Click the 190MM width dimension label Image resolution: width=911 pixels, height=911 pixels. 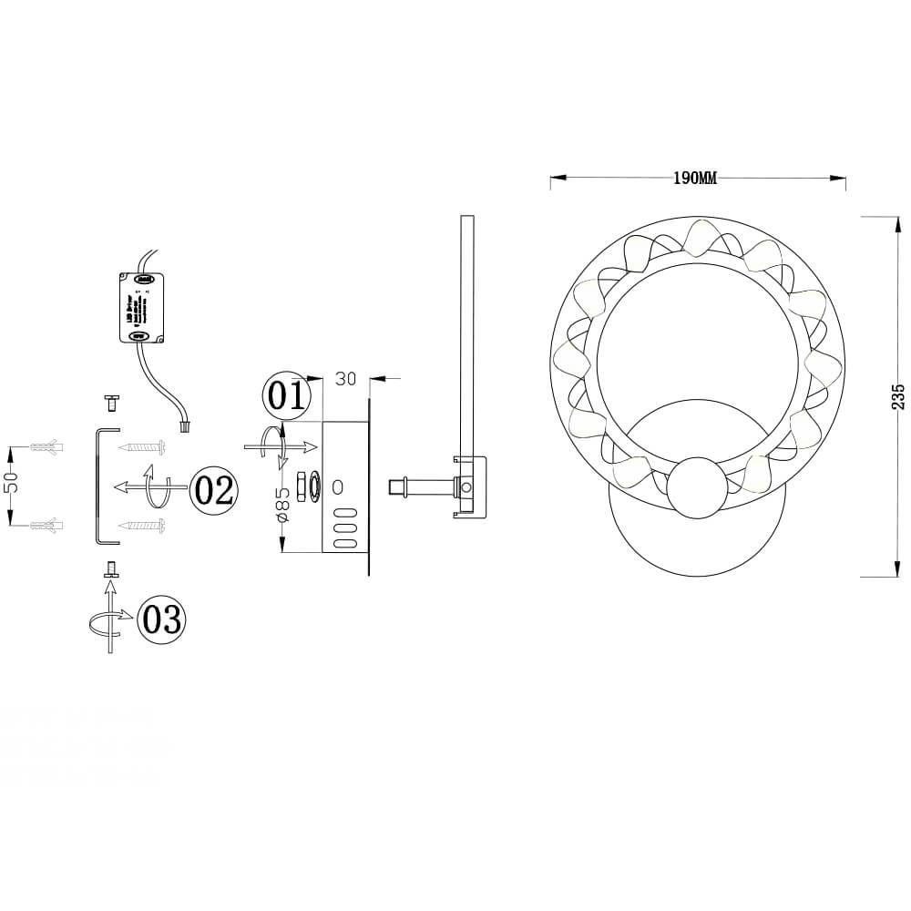(x=695, y=179)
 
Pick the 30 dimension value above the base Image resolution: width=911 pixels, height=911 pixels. (x=345, y=379)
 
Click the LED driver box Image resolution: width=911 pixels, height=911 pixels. (x=143, y=308)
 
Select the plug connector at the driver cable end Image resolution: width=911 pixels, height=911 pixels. (x=185, y=425)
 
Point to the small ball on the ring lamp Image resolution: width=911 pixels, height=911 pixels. (x=698, y=487)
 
